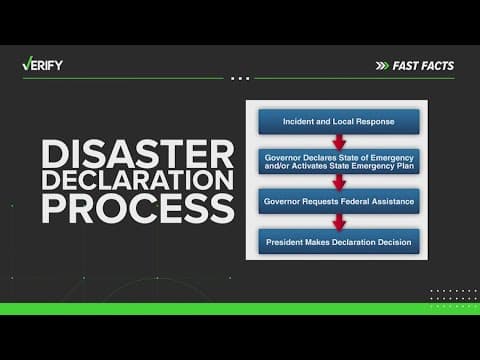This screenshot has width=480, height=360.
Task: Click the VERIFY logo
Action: pos(45,65)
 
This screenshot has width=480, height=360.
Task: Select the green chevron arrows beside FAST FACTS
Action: pos(382,66)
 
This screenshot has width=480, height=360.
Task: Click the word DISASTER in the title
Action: pos(137,155)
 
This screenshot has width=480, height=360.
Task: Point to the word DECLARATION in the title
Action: pos(137,182)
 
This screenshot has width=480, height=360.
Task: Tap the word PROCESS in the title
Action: pos(137,210)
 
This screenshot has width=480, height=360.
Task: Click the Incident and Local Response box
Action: pos(338,122)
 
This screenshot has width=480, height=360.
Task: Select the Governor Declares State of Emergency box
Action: pos(338,161)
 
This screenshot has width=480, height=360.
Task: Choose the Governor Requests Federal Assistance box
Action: pos(338,200)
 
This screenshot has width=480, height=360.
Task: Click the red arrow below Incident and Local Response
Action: pos(338,141)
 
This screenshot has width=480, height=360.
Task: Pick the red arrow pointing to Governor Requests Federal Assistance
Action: pos(338,181)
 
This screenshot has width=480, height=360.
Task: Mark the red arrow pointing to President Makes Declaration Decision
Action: pos(338,220)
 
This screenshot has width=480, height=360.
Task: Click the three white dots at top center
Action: pos(240,77)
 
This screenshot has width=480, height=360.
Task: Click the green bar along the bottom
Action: pos(240,308)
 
